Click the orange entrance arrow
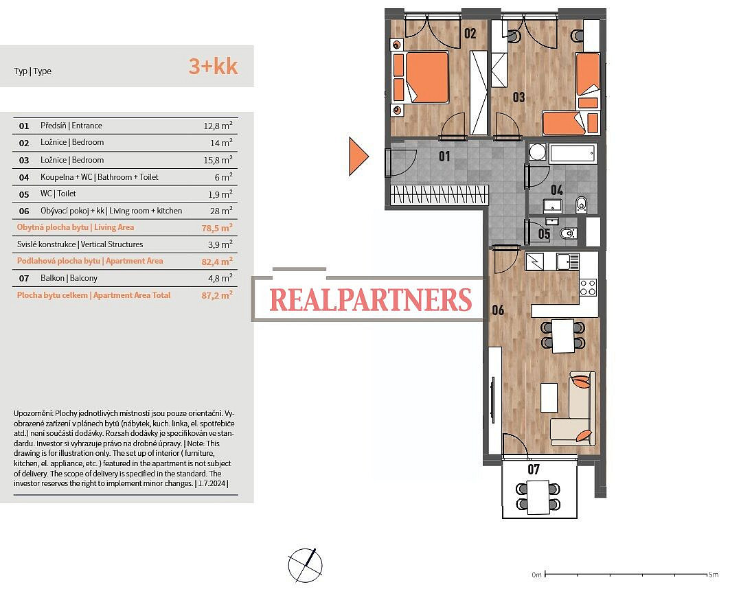click(x=357, y=157)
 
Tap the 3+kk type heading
click(x=213, y=66)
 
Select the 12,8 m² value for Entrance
click(x=218, y=126)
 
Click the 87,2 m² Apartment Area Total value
click(x=217, y=295)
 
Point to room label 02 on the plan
click(x=470, y=34)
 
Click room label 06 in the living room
click(x=498, y=310)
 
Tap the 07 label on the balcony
click(x=534, y=469)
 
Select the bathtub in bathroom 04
click(x=572, y=154)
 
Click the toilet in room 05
click(x=567, y=233)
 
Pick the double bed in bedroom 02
click(x=420, y=77)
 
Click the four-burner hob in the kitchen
click(x=588, y=288)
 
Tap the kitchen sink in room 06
click(x=567, y=262)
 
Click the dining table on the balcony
click(x=538, y=497)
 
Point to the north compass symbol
click(x=306, y=566)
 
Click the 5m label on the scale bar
click(x=713, y=575)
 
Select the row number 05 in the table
click(x=24, y=194)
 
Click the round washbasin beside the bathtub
click(x=537, y=152)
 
